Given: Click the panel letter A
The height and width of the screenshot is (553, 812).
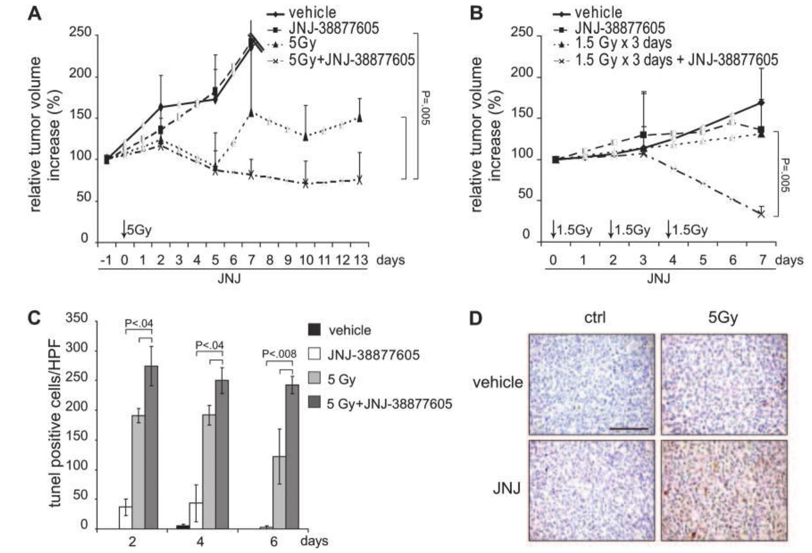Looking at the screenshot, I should coord(35,13).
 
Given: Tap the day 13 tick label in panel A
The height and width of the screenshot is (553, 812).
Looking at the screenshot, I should coord(360,260).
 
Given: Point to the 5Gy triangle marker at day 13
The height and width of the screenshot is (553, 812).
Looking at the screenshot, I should coord(360,118).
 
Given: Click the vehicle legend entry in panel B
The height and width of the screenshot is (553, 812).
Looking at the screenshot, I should coord(599,12).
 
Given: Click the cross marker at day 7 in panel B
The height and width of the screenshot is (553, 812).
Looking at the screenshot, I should coord(761,214).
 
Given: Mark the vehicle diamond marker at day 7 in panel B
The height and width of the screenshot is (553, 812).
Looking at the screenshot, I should coord(761,103).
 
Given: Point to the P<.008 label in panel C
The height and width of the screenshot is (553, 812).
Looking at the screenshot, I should coord(279,354).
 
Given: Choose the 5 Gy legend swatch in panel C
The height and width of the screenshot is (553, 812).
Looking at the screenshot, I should coord(315,379).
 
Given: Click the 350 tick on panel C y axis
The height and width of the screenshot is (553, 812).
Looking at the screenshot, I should coord(77,318).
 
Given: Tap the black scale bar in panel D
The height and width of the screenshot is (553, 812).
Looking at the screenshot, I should coord(629,429).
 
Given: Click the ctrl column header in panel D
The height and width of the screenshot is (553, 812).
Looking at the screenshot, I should coord(595,318).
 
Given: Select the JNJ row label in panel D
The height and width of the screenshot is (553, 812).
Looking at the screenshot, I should coord(507,489).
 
